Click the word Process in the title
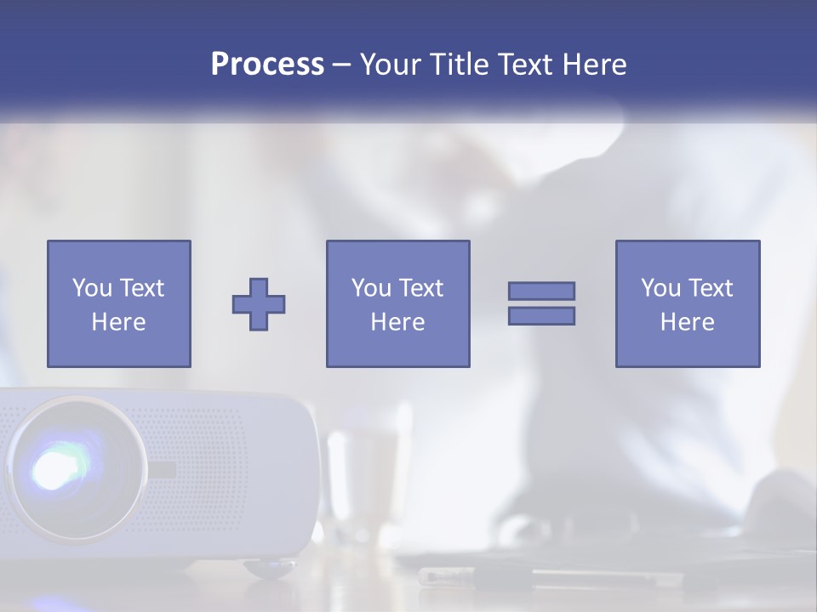[x=267, y=65]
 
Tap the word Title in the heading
[x=460, y=65]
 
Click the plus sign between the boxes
[x=259, y=303]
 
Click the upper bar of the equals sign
[x=541, y=291]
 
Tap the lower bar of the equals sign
[x=541, y=315]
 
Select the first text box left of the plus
[x=118, y=303]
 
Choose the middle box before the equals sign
[x=397, y=303]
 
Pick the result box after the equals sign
[x=687, y=303]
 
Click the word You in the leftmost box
[x=92, y=288]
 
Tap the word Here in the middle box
[x=397, y=322]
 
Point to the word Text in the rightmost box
[x=709, y=288]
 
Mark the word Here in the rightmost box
[x=687, y=322]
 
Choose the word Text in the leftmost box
[x=140, y=288]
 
